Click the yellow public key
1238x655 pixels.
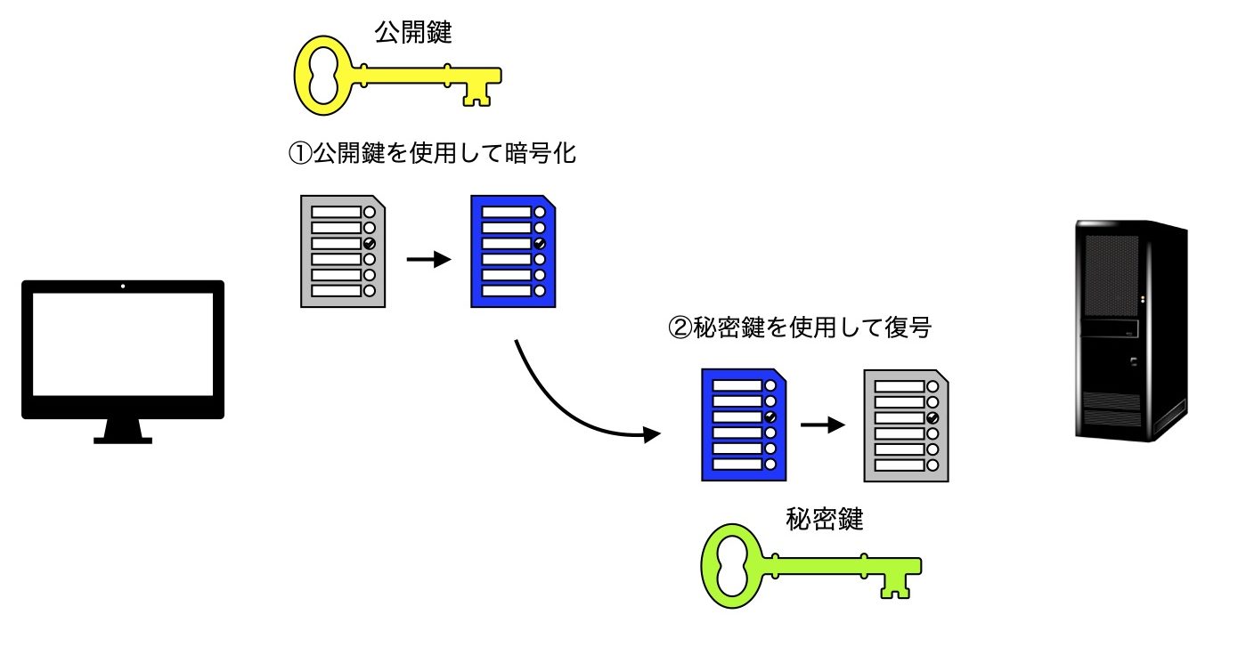[396, 78]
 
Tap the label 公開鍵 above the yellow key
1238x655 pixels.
[414, 34]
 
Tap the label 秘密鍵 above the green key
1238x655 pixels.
[825, 519]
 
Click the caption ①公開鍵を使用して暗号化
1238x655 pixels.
[431, 154]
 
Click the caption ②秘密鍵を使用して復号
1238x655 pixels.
[799, 328]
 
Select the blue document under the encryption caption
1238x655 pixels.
[513, 251]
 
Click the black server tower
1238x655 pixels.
[1131, 329]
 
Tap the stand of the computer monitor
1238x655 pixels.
[123, 432]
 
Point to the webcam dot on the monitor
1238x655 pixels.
[123, 287]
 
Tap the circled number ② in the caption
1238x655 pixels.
[679, 328]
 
